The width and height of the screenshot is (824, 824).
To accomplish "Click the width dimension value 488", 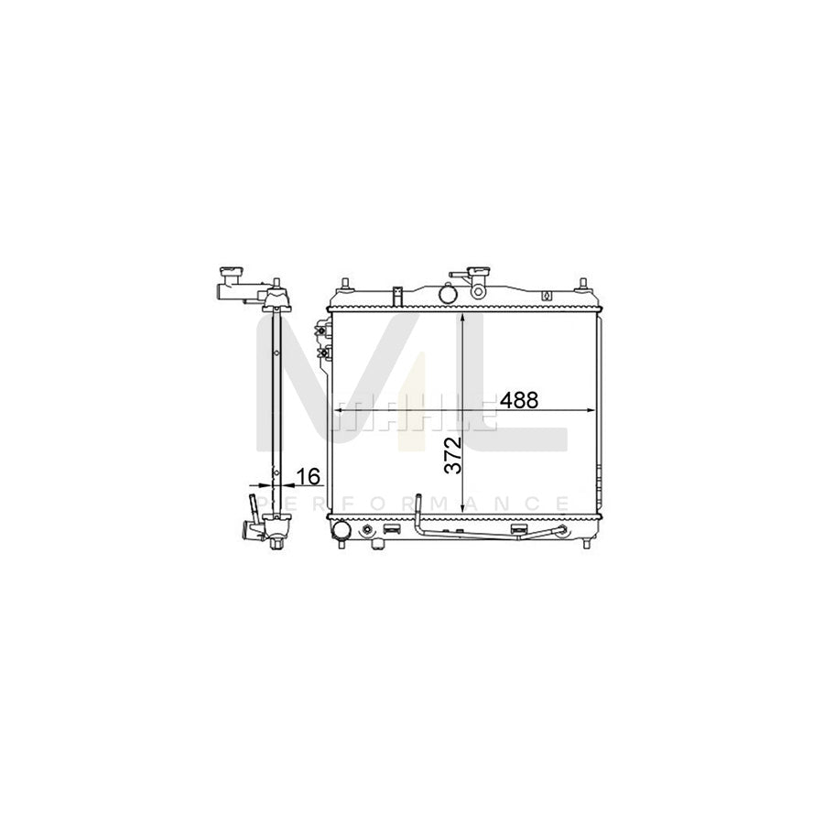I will tap(518, 399).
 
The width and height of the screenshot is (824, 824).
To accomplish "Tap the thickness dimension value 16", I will tap(308, 476).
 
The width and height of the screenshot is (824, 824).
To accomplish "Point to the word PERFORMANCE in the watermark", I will tap(412, 503).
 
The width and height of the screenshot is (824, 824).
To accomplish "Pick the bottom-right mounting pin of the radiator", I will tap(586, 544).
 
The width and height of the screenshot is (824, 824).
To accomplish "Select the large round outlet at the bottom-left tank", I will tap(341, 530).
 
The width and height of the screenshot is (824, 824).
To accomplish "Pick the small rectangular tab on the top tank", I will tap(397, 295).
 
